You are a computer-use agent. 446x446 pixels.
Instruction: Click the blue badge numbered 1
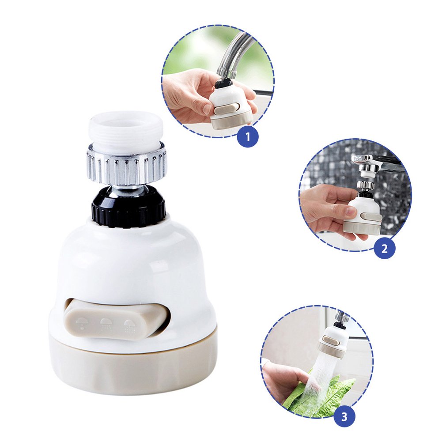point(248,136)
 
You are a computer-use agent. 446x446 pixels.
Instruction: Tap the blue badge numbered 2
point(384,248)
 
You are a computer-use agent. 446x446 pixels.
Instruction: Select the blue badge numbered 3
point(344,416)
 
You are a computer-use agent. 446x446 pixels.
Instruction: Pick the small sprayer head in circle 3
point(335,339)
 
